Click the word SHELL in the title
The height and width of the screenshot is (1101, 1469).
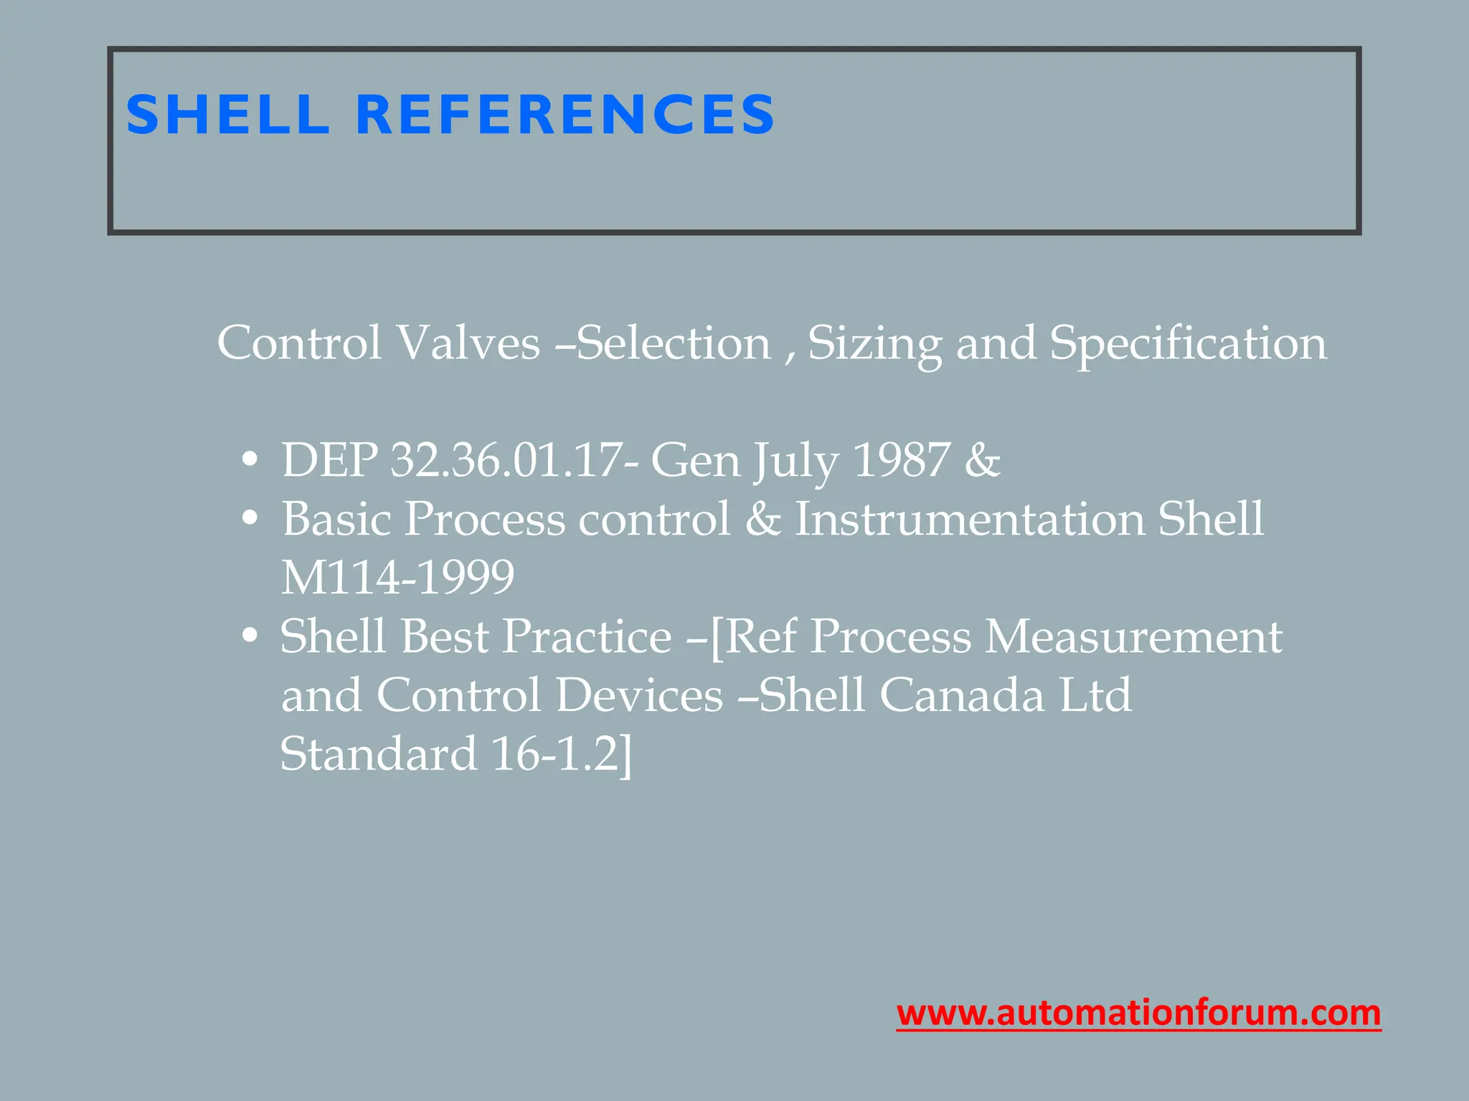227,115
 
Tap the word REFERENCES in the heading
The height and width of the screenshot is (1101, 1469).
565,115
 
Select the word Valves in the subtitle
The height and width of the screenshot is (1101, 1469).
468,343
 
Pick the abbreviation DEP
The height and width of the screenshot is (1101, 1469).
329,460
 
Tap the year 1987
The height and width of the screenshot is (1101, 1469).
902,460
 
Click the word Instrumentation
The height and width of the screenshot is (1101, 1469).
970,519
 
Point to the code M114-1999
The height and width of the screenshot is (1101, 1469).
397,578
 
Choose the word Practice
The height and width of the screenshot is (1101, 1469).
586,637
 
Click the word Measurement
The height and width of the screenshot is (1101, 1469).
1133,637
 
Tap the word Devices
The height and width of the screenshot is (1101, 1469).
639,695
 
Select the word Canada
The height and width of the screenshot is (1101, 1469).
962,695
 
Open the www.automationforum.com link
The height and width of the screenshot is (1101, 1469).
1138,1013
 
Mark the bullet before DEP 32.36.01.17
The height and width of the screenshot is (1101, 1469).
250,460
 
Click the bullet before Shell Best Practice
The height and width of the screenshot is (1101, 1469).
250,637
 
